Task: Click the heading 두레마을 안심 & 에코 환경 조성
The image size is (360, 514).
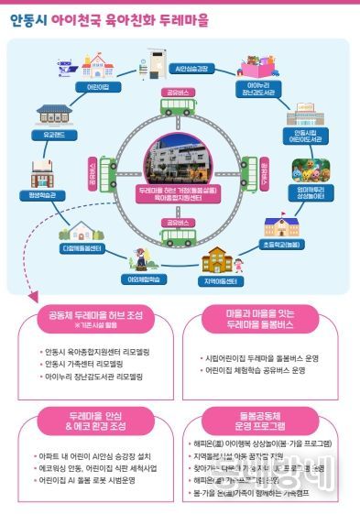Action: (94, 420)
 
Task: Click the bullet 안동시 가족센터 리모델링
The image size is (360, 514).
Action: (91, 363)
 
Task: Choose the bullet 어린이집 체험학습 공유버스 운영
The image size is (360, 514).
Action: (256, 370)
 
